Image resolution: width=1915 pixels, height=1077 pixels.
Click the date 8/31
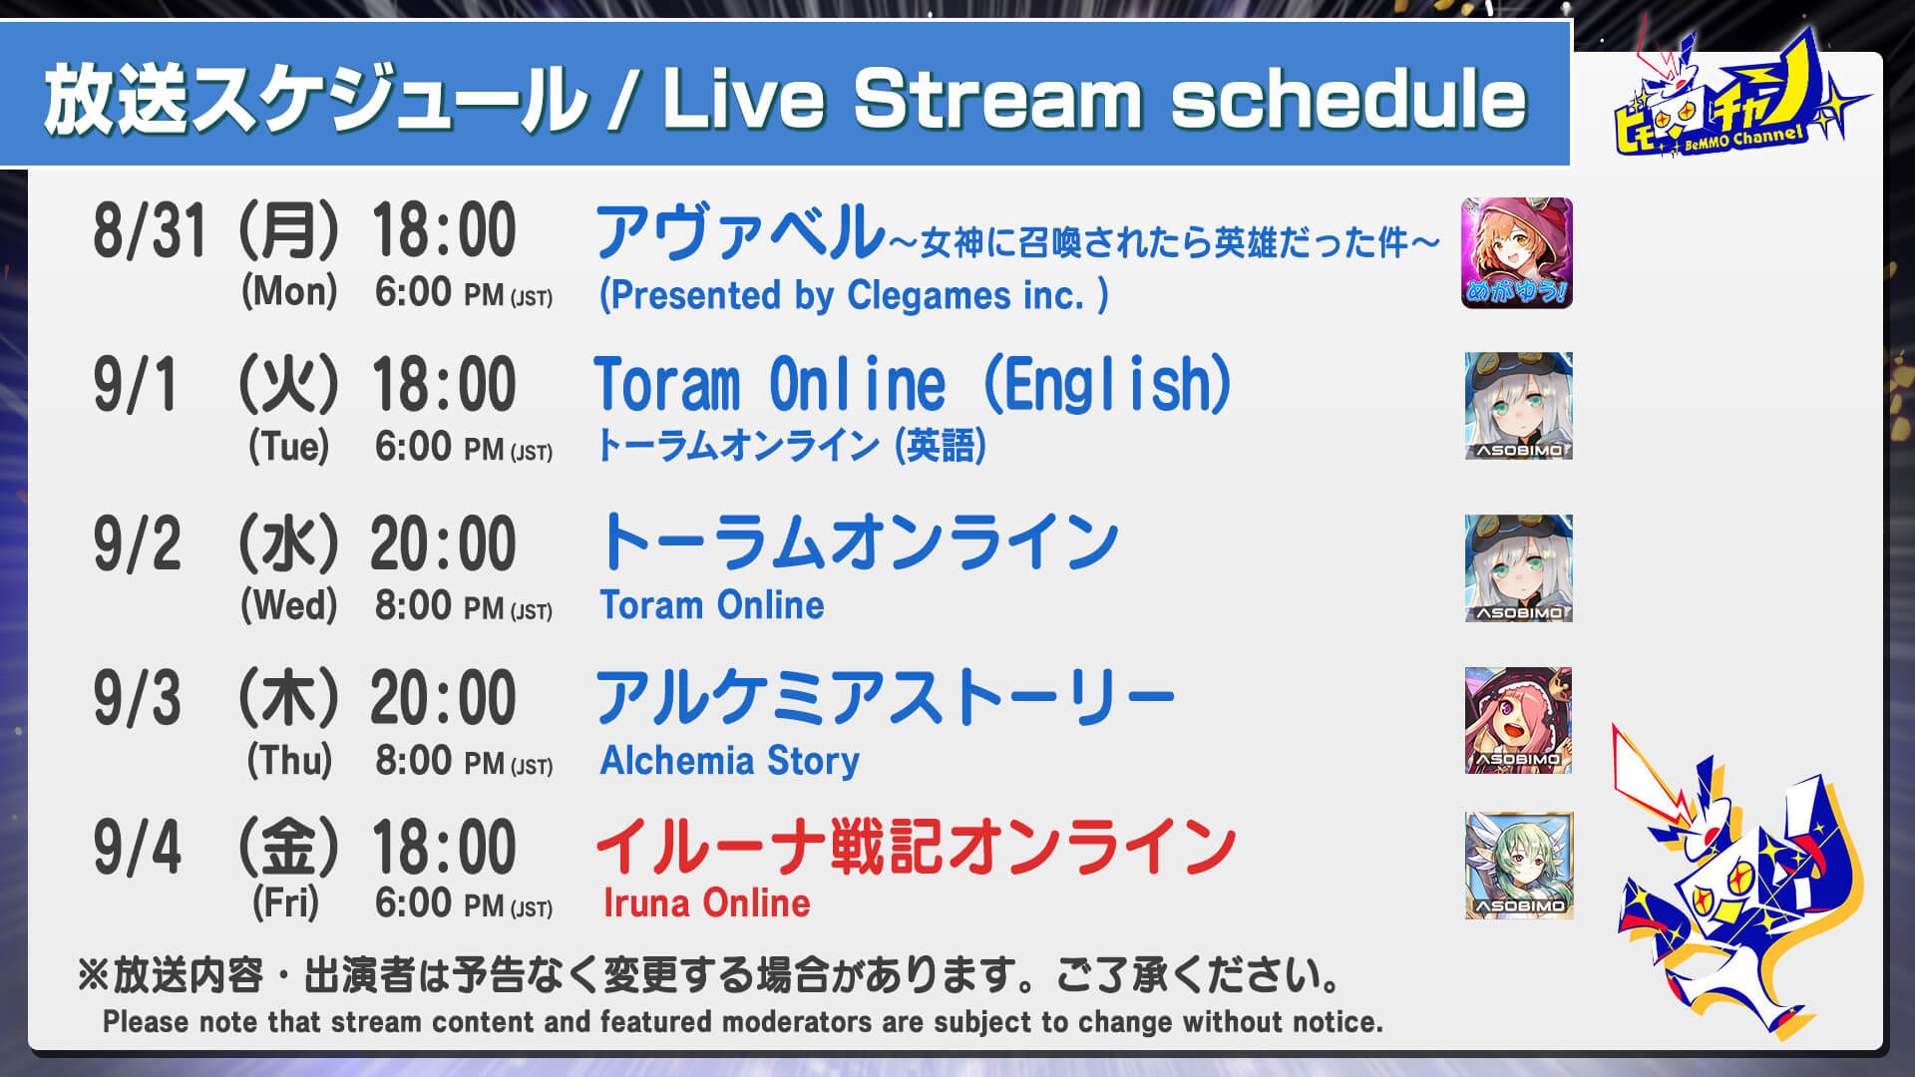pyautogui.click(x=150, y=230)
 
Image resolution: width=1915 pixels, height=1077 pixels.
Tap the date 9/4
pyautogui.click(x=138, y=848)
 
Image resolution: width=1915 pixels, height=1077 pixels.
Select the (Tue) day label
pyautogui.click(x=289, y=446)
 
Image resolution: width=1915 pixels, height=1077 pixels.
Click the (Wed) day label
pyautogui.click(x=289, y=604)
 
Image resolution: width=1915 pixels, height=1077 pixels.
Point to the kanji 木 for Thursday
pyautogui.click(x=289, y=697)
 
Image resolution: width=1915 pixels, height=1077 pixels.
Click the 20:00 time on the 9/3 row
pyautogui.click(x=444, y=697)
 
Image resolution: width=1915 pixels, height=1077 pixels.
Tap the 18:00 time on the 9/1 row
pyautogui.click(x=445, y=384)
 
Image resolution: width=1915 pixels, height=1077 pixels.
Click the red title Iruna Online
pyautogui.click(x=706, y=903)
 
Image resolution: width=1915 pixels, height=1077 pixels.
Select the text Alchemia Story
pyautogui.click(x=729, y=761)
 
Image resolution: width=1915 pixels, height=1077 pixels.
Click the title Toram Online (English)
pyautogui.click(x=913, y=385)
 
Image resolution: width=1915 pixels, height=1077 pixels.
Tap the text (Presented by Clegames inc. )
pyautogui.click(x=854, y=295)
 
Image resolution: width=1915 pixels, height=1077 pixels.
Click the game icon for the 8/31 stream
pyautogui.click(x=1517, y=253)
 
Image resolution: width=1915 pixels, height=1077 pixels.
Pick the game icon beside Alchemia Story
pyautogui.click(x=1518, y=720)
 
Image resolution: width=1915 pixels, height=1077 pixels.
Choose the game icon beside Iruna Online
pyautogui.click(x=1518, y=866)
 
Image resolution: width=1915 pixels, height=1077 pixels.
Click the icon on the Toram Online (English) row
pyautogui.click(x=1518, y=406)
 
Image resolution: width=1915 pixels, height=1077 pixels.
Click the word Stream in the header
pyautogui.click(x=997, y=99)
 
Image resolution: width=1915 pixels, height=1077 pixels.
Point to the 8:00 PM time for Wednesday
pyautogui.click(x=464, y=605)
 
